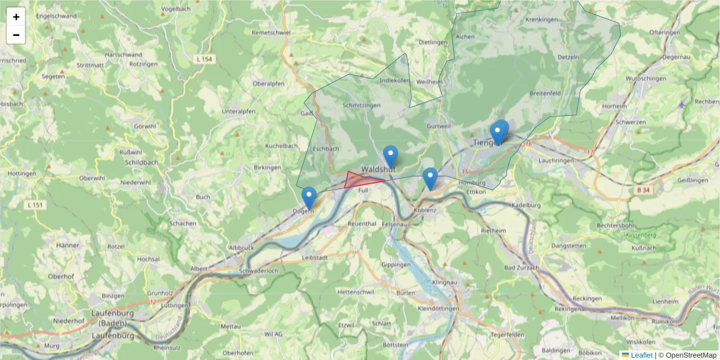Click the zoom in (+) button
[16, 17]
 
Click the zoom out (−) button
[16, 35]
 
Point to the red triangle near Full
[359, 180]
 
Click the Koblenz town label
[424, 211]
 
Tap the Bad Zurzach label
[521, 268]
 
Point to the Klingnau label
[444, 282]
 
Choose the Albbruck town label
[242, 248]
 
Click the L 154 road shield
[204, 59]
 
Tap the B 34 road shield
[644, 190]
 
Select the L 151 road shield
[35, 205]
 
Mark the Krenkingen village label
[541, 20]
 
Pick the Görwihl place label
[145, 127]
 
